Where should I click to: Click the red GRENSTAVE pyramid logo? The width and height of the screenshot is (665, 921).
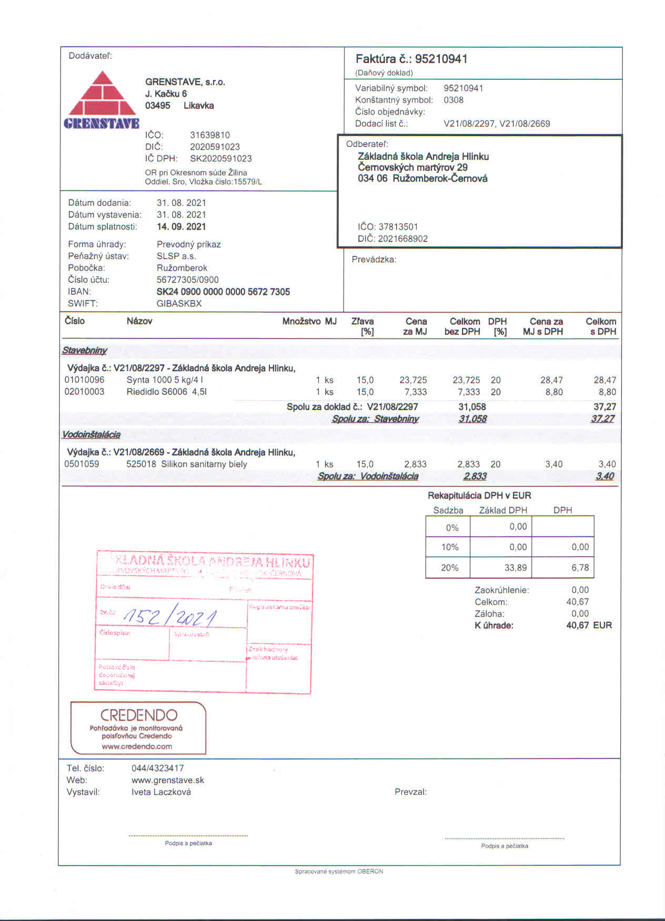103,100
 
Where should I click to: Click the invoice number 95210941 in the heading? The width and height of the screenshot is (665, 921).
441,59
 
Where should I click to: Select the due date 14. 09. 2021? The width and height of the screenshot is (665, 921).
182,227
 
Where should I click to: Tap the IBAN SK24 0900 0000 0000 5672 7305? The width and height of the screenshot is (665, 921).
223,292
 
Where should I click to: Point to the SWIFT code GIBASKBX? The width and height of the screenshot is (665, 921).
179,303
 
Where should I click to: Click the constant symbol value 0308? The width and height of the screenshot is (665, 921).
454,100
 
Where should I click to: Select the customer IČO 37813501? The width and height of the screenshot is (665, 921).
398,227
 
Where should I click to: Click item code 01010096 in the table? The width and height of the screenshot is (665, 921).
84,380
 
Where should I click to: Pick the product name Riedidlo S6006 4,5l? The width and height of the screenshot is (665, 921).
166,392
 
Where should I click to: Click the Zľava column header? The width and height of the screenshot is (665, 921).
362,321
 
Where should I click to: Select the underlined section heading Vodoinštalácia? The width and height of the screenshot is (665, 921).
92,435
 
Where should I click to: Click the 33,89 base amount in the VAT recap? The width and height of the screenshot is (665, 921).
515,568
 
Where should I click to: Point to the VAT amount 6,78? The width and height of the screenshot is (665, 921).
580,568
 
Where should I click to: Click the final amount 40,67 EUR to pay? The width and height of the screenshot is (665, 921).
589,626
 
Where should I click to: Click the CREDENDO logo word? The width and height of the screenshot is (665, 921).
139,715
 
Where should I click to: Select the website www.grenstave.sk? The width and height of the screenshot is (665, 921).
168,780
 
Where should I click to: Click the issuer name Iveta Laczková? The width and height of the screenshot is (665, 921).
161,792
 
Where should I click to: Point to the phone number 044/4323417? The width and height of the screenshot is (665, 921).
158,768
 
